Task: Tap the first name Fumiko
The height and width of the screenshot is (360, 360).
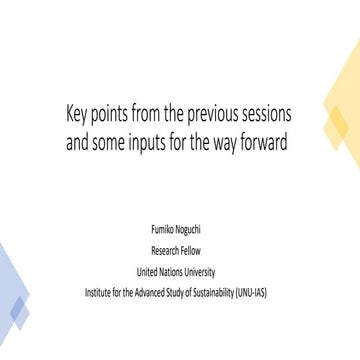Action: [163, 231]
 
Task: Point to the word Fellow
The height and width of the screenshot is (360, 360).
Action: [194, 251]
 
